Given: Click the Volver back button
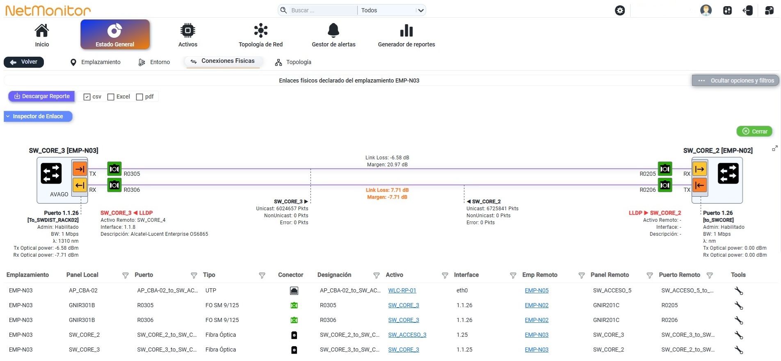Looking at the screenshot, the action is (24, 62).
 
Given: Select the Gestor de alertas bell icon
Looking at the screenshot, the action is (333, 30).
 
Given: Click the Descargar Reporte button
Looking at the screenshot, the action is (41, 97).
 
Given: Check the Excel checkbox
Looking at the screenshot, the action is (111, 97).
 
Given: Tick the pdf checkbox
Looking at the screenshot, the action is (139, 97).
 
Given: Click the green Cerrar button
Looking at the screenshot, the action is (755, 131).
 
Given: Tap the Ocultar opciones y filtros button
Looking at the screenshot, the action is (735, 80).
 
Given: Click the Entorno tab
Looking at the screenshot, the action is (154, 62).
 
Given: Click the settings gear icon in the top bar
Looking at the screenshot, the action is (620, 10).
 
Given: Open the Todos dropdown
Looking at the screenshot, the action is (392, 10).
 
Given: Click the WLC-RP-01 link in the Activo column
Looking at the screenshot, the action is (402, 290).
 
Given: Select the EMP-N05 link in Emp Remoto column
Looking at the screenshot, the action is (537, 290).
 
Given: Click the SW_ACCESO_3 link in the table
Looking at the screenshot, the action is (407, 335).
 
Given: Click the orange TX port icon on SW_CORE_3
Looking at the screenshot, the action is (80, 169).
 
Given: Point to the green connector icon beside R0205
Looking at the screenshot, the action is (665, 169).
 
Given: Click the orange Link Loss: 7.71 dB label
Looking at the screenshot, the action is (387, 190).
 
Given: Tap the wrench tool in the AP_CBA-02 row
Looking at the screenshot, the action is (739, 291).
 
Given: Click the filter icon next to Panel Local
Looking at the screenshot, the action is (126, 275).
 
